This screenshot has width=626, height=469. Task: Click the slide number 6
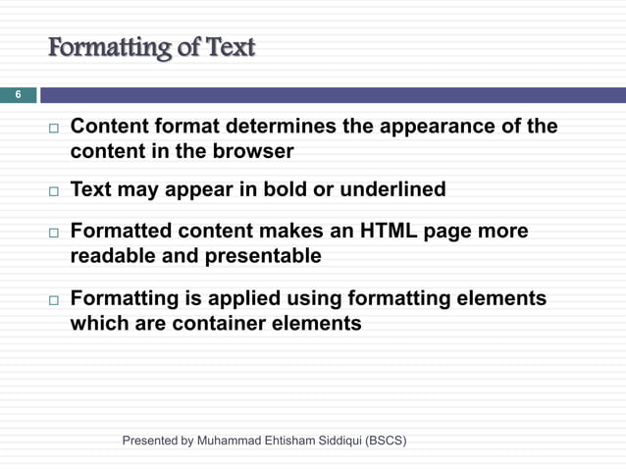[17, 95]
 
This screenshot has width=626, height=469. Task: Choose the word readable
[115, 257]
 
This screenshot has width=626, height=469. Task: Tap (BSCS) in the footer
[386, 441]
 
